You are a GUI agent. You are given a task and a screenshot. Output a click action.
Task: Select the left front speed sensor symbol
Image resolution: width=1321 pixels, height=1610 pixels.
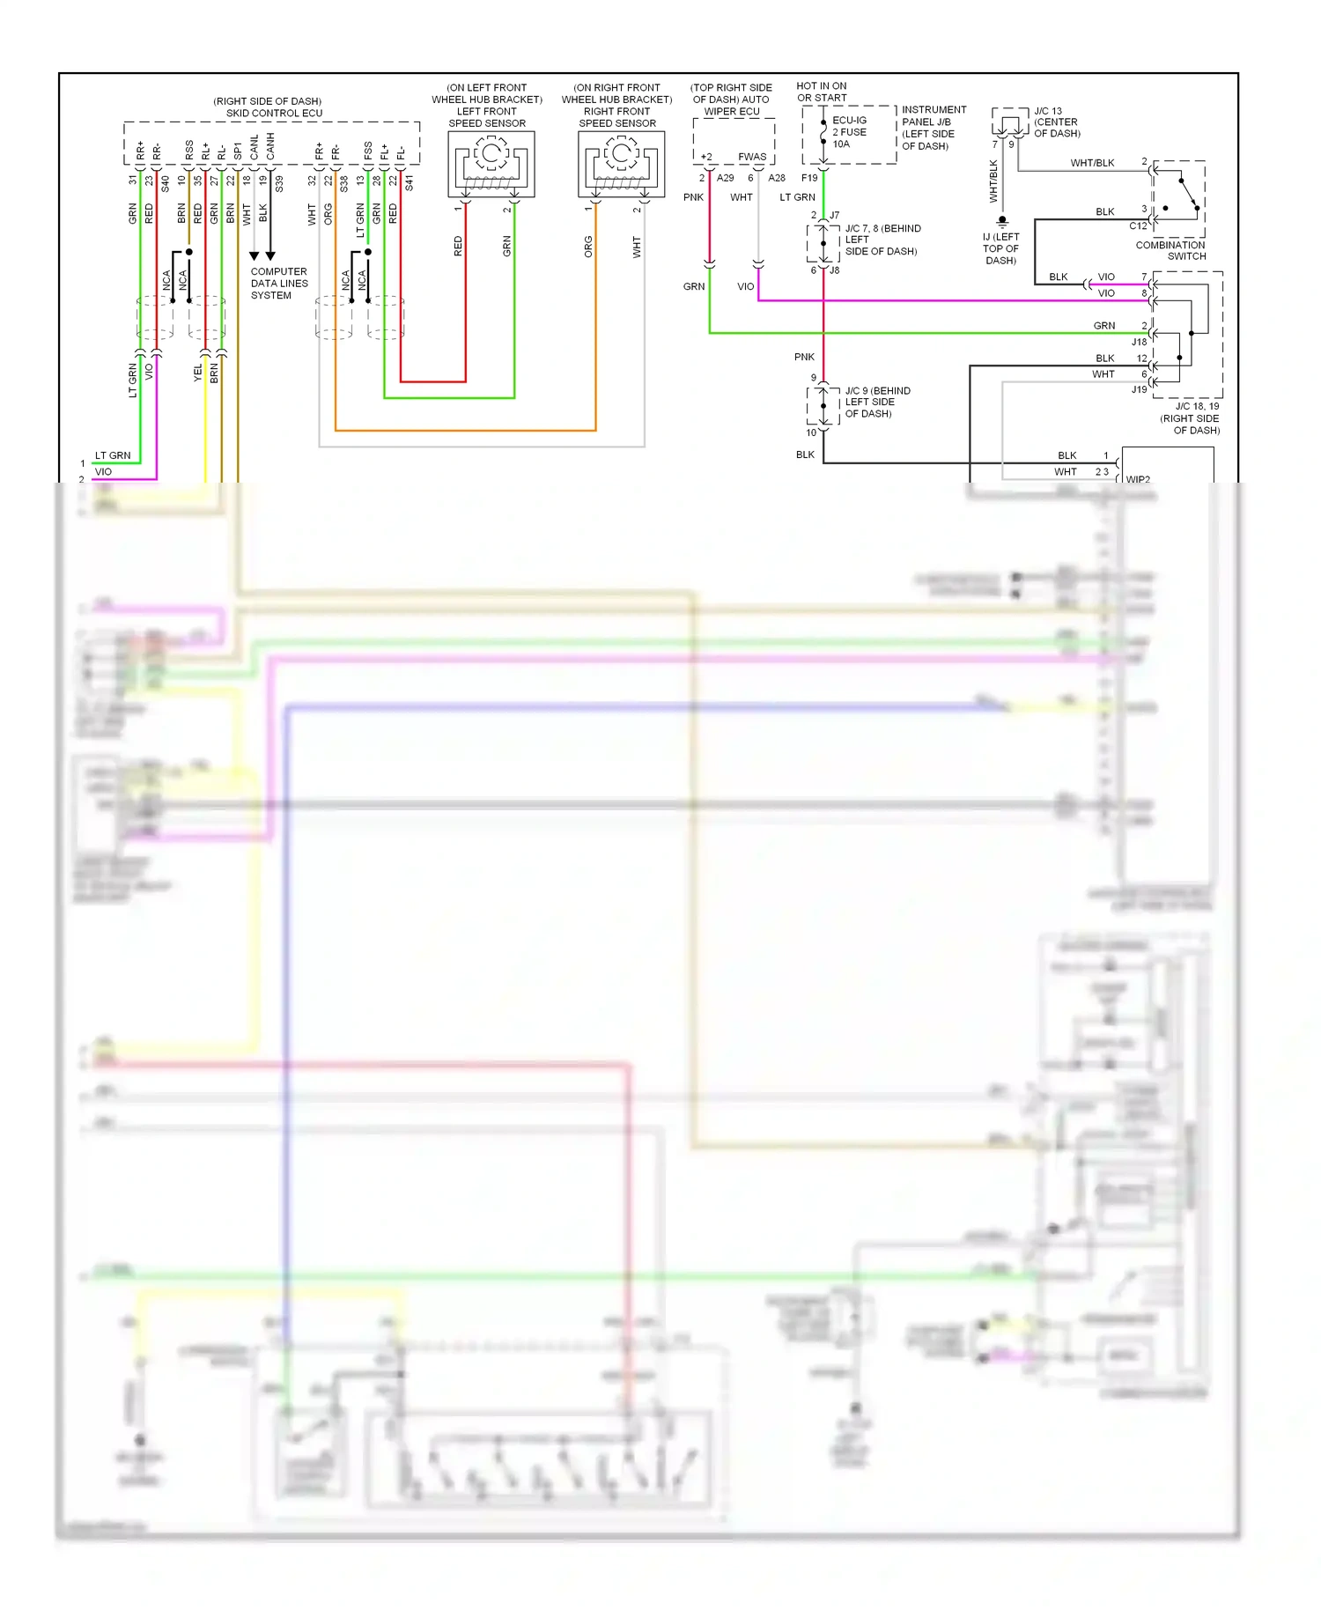(491, 164)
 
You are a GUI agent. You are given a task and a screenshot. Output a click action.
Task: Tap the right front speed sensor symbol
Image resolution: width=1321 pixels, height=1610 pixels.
(621, 164)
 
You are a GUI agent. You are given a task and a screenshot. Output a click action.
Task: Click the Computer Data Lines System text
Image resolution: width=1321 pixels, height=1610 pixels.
(279, 284)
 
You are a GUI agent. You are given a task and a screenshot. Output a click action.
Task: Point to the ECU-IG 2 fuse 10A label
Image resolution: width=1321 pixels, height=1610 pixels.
(849, 132)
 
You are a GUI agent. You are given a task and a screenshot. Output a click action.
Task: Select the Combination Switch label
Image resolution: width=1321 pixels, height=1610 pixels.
(1170, 251)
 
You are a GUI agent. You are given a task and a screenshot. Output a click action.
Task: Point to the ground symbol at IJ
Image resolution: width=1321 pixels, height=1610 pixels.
(1001, 221)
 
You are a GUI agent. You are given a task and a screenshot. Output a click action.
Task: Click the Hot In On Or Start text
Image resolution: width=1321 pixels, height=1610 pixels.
(822, 92)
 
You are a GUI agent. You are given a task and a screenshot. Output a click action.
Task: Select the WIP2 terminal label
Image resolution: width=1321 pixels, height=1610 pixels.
(1138, 479)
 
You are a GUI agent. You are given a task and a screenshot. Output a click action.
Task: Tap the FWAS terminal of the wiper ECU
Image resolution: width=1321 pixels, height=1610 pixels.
(752, 157)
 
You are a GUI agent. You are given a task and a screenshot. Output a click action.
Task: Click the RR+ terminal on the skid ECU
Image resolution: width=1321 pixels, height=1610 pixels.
(140, 151)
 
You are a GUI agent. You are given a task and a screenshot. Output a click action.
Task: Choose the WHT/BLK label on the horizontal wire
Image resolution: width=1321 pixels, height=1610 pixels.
(1092, 163)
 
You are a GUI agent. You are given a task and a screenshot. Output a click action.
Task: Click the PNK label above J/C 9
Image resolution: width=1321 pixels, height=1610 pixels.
(804, 357)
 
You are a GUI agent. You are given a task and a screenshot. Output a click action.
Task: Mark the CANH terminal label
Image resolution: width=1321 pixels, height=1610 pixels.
(270, 147)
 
